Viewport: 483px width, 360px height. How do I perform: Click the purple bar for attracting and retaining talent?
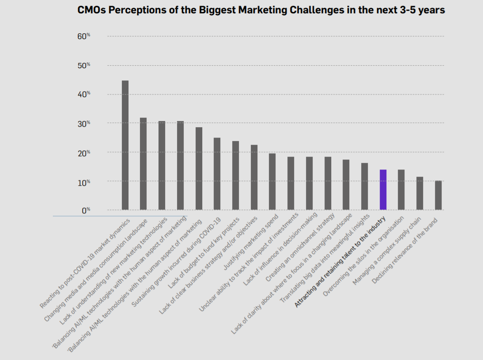click(x=383, y=190)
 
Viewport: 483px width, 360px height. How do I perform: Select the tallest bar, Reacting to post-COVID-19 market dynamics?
click(x=125, y=145)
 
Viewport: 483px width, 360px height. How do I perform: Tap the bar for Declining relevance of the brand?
click(x=438, y=195)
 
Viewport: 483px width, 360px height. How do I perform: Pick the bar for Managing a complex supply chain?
click(x=420, y=193)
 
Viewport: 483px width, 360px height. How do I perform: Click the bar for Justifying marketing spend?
click(x=272, y=181)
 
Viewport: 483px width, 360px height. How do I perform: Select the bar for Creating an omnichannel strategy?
click(x=328, y=183)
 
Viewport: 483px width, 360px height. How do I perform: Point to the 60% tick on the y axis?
click(x=84, y=37)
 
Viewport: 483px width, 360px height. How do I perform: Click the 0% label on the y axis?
click(x=86, y=210)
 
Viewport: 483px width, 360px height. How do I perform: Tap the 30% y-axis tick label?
click(x=84, y=124)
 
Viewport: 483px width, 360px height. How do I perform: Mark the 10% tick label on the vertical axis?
click(x=84, y=182)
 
